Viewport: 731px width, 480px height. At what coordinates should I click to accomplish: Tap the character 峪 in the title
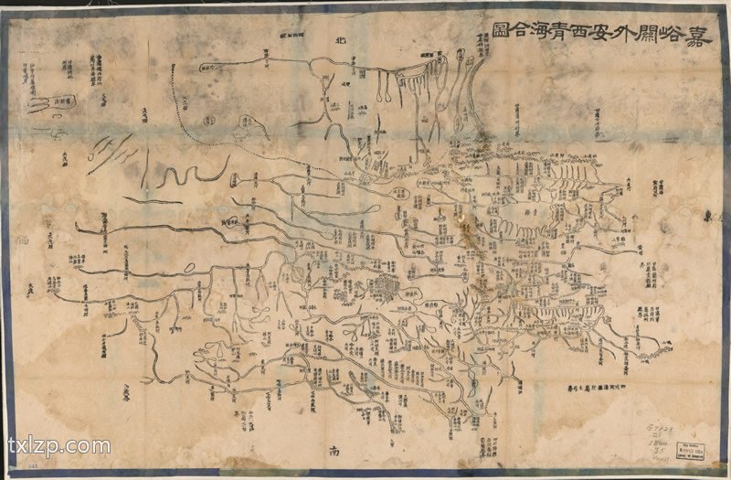point(673,38)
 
